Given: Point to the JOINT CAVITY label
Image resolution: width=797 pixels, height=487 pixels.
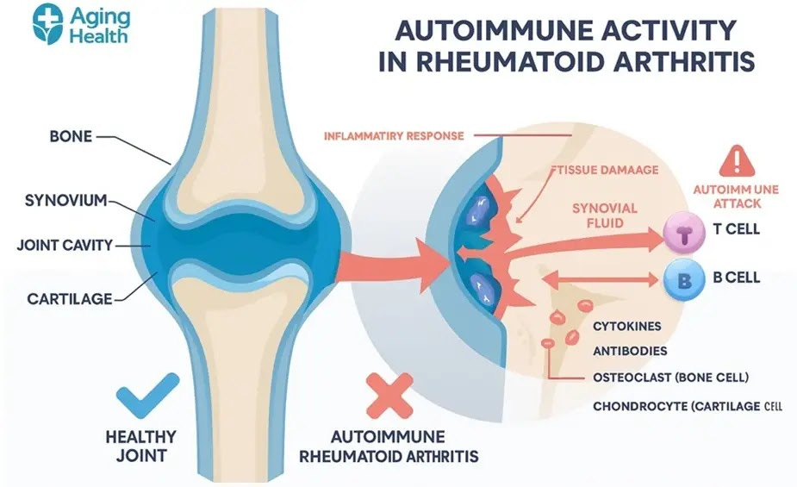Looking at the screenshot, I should click(x=65, y=245).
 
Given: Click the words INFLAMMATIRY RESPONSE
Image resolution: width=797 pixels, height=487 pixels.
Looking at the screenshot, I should click(x=395, y=136).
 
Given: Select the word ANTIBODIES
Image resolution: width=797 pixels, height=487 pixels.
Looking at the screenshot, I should click(x=630, y=352).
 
